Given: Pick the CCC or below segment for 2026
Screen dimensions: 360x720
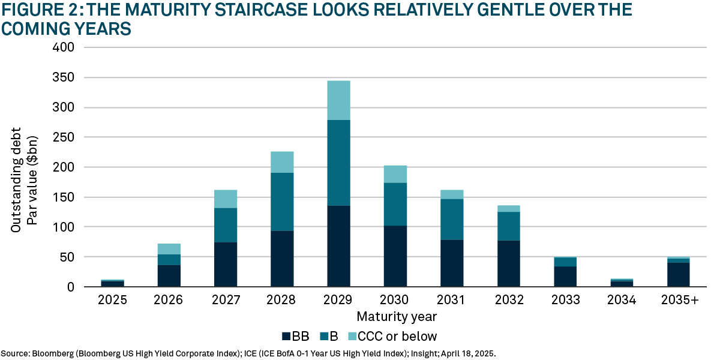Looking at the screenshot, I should click(169, 249).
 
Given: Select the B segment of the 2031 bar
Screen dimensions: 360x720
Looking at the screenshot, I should click(452, 219).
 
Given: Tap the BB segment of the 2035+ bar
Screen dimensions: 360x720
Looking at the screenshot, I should click(678, 274).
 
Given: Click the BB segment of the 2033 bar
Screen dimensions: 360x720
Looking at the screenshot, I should click(565, 276).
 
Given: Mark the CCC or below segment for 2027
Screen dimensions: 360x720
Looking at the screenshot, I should click(226, 199).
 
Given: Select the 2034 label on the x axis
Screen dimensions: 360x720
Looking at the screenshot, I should click(622, 299).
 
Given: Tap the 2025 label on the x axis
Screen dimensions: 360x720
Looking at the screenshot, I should click(112, 299).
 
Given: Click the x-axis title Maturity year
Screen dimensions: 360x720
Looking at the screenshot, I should click(396, 316).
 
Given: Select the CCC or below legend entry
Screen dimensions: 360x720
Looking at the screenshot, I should click(396, 336).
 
